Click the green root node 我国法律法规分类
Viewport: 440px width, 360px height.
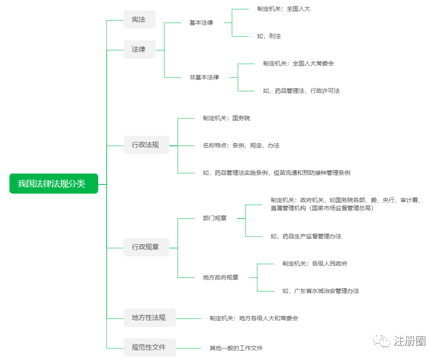click(54, 184)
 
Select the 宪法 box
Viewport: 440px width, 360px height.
click(139, 20)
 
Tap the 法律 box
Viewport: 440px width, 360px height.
click(139, 50)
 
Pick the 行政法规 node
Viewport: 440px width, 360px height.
click(146, 145)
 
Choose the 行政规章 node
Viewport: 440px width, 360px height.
click(146, 247)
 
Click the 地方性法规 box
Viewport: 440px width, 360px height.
click(149, 318)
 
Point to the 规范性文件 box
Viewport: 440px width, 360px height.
click(149, 347)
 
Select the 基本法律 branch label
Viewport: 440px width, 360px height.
click(201, 23)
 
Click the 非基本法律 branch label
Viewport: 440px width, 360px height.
click(204, 77)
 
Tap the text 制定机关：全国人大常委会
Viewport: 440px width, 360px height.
click(298, 64)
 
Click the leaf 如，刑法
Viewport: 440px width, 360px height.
click(269, 36)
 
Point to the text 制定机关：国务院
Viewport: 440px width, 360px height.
click(227, 118)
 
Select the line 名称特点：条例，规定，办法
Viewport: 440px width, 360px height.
click(241, 145)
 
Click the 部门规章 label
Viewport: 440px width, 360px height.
click(215, 219)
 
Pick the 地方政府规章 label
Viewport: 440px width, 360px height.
click(221, 277)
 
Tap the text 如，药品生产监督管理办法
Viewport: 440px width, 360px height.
click(306, 236)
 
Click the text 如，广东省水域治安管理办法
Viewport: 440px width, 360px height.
click(321, 291)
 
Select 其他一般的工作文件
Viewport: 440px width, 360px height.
click(236, 348)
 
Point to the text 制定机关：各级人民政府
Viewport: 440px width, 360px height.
click(315, 264)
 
